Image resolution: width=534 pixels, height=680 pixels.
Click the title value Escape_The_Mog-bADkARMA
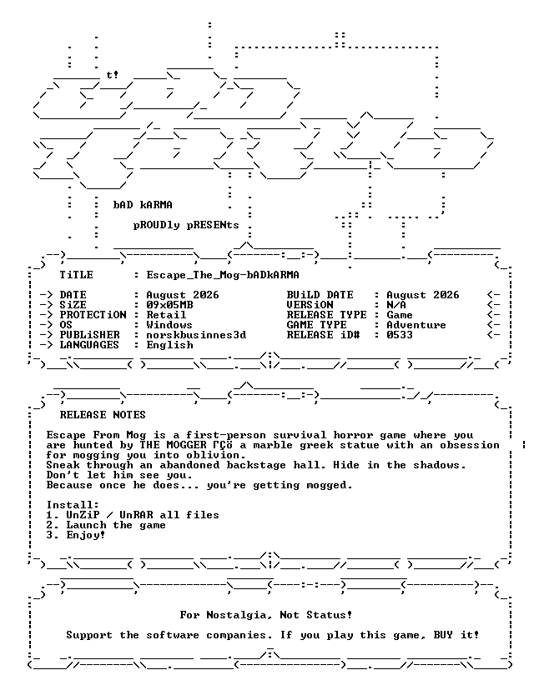[x=223, y=275]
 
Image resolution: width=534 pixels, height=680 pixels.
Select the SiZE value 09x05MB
[x=169, y=305]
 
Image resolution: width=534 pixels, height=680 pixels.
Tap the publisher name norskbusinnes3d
[x=196, y=335]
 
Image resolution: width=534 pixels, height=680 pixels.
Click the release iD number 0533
[x=400, y=335]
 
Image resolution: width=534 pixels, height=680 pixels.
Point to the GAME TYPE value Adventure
[x=416, y=325]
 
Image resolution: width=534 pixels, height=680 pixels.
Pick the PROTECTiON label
[x=93, y=315]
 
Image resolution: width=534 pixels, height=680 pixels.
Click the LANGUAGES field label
[x=89, y=345]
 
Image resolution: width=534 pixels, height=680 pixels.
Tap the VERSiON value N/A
[x=396, y=305]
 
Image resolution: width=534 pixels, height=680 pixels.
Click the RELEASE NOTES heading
[x=103, y=415]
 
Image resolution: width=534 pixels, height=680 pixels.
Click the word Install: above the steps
[x=73, y=505]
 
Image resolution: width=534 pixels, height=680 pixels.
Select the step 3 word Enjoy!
[x=86, y=535]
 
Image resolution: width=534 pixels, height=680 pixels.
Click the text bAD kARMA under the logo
[x=143, y=205]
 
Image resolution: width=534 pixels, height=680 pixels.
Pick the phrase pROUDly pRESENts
[x=186, y=225]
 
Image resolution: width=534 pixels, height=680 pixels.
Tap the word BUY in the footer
[x=443, y=635]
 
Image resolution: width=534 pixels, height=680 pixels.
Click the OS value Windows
[x=169, y=325]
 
